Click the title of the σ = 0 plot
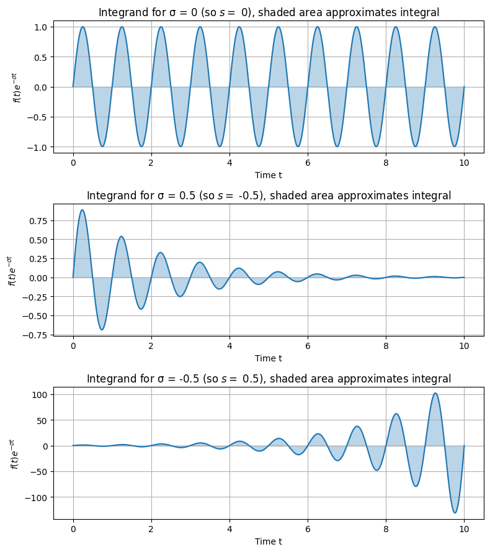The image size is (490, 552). pyautogui.click(x=269, y=12)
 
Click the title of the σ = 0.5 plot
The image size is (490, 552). pyautogui.click(x=269, y=196)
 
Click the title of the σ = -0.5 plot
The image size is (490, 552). pyautogui.click(x=269, y=379)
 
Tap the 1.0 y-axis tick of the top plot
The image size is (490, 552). pyautogui.click(x=40, y=27)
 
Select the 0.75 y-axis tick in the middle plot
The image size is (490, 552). pyautogui.click(x=38, y=221)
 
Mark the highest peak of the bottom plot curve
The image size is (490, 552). pyautogui.click(x=435, y=393)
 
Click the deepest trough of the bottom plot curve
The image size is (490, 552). pyautogui.click(x=455, y=513)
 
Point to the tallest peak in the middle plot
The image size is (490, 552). pyautogui.click(x=82, y=210)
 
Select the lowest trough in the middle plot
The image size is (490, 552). pyautogui.click(x=102, y=330)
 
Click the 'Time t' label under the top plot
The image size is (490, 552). pyautogui.click(x=269, y=175)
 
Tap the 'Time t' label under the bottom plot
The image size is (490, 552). pyautogui.click(x=269, y=541)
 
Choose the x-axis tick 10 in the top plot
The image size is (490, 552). pyautogui.click(x=464, y=162)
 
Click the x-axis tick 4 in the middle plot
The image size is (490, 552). pyautogui.click(x=229, y=345)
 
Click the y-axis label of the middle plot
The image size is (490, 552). pyautogui.click(x=11, y=271)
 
